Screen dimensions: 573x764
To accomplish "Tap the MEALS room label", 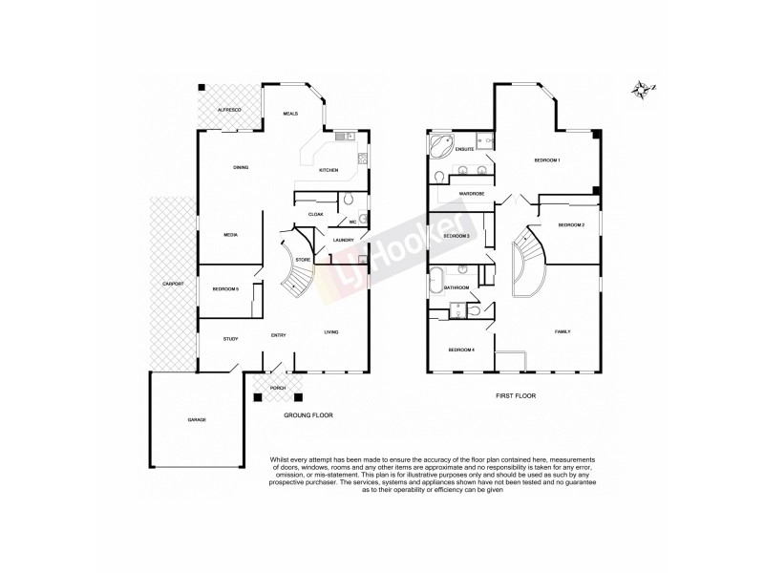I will [x=290, y=114].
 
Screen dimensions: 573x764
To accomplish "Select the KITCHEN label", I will [x=329, y=170].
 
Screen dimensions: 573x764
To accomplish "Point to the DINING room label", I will [x=241, y=168].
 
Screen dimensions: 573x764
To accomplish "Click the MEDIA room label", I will [x=230, y=234].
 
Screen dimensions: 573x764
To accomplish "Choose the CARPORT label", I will [x=173, y=284].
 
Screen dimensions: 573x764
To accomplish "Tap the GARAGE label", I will [x=197, y=419].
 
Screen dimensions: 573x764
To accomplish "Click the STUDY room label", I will [x=230, y=339].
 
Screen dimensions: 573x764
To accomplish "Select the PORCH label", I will [x=278, y=388].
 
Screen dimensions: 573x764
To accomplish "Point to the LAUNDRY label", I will [x=345, y=240].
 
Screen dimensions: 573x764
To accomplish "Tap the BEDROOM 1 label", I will [x=546, y=160].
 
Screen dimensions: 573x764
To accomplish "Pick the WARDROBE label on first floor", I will [x=472, y=194].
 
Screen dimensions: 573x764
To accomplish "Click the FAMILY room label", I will [x=562, y=331].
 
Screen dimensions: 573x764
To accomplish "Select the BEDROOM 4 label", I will [x=461, y=350].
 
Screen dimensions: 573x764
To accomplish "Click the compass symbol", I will [x=641, y=91].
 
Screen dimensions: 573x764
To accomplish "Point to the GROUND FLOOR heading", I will [x=308, y=416].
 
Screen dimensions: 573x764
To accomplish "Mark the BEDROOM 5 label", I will [x=225, y=287].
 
